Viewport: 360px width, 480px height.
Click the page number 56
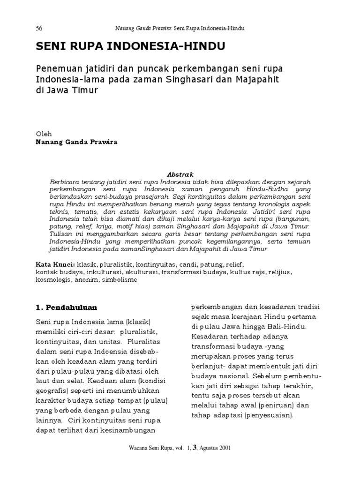click(39, 28)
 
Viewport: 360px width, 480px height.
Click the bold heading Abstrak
click(180, 173)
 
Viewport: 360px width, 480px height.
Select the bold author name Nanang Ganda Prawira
click(77, 142)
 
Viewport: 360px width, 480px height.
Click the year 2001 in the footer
click(223, 448)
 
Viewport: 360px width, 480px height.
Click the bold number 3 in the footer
click(189, 448)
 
